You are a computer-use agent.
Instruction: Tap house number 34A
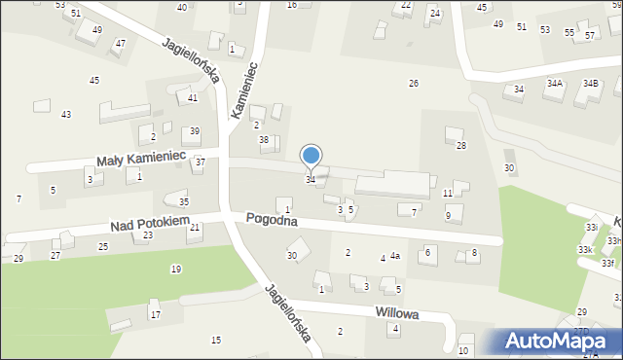[554, 84]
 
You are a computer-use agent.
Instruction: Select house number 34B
[590, 84]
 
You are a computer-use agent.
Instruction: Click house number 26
[414, 84]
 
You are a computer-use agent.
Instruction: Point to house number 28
[461, 146]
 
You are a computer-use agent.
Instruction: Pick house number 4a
[395, 257]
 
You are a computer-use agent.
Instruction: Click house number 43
[66, 115]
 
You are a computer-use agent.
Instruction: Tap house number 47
[120, 44]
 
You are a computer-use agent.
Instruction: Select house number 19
[175, 269]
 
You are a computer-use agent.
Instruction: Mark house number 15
[216, 340]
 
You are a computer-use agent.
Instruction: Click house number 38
[263, 140]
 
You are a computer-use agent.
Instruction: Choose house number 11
[447, 194]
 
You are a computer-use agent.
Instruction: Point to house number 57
[590, 36]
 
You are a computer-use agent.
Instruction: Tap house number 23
[147, 235]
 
